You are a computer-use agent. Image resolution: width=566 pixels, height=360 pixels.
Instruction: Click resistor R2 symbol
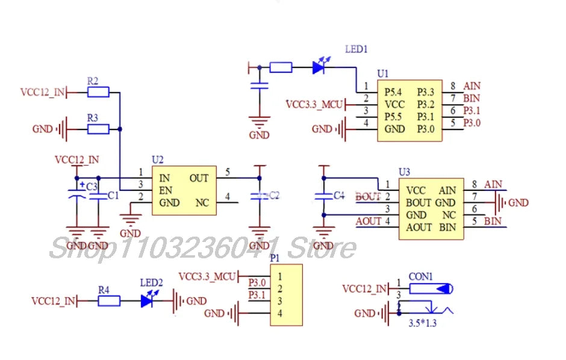pyautogui.click(x=98, y=92)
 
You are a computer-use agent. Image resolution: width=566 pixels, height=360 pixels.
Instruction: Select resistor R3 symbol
pyautogui.click(x=98, y=129)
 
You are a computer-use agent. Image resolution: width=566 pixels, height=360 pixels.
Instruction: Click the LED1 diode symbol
pyautogui.click(x=320, y=67)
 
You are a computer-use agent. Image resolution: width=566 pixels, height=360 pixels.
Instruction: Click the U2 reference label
pyautogui.click(x=158, y=160)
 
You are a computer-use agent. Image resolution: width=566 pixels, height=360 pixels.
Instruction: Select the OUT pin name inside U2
pyautogui.click(x=199, y=178)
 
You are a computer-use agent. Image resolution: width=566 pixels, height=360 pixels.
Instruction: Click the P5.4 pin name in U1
pyautogui.click(x=394, y=92)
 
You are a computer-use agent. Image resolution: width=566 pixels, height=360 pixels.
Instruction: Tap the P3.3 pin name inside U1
pyautogui.click(x=425, y=92)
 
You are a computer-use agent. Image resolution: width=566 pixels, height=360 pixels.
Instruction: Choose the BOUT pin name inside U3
pyautogui.click(x=418, y=203)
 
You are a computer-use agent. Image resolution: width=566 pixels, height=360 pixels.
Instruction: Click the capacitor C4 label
pyautogui.click(x=338, y=196)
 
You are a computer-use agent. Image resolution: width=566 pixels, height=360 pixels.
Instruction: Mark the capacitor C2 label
pyautogui.click(x=273, y=195)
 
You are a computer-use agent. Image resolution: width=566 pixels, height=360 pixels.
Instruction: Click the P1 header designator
pyautogui.click(x=275, y=258)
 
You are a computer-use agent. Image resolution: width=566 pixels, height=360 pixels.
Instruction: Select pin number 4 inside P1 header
pyautogui.click(x=280, y=313)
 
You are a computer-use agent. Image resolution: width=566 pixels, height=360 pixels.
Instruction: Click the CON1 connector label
pyautogui.click(x=421, y=277)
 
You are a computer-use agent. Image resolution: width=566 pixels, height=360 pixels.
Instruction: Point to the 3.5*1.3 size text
pyautogui.click(x=422, y=323)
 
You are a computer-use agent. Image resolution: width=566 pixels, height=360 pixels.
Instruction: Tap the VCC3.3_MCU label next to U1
pyautogui.click(x=314, y=105)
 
